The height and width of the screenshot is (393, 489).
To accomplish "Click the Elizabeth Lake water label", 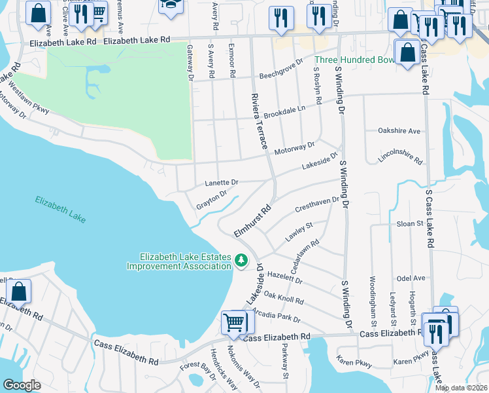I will coord(60,209).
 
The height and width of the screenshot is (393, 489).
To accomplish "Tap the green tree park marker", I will coord(241,261).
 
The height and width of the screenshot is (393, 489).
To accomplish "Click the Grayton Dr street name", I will coord(211,200).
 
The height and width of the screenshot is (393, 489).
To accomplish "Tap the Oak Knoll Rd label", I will coord(283,297).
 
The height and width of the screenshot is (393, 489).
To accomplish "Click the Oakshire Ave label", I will coord(399,131).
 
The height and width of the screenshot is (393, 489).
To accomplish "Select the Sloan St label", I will coord(411,223).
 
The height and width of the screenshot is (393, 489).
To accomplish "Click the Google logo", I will coord(22,384).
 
